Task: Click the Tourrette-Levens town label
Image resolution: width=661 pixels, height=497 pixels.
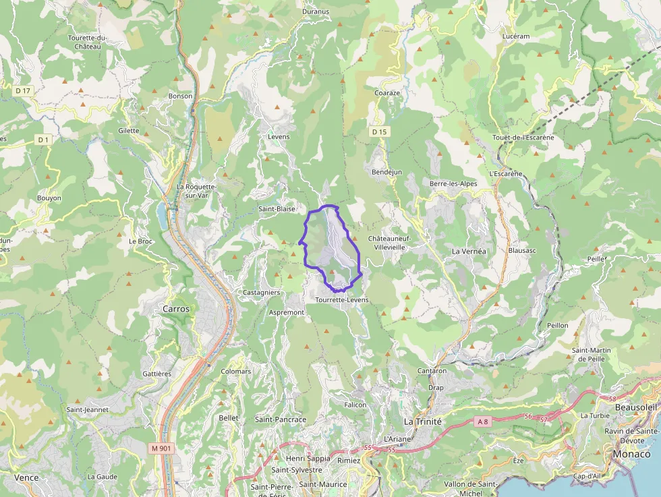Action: tap(342, 299)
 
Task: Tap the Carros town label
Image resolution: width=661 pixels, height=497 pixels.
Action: tap(177, 308)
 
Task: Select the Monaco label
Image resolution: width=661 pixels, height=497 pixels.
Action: tap(631, 454)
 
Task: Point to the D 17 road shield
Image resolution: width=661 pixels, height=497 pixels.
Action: tap(23, 90)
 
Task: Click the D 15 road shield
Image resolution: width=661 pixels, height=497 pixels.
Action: tap(379, 131)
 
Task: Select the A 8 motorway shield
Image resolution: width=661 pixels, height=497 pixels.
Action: tap(482, 421)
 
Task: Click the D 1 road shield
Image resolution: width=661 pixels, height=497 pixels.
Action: tap(42, 140)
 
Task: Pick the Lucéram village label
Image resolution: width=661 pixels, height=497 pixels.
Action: tap(516, 36)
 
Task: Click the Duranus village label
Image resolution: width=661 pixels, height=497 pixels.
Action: tap(316, 11)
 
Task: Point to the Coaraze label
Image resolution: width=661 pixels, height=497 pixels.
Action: tap(387, 93)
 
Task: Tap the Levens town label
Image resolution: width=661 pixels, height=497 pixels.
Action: tap(279, 137)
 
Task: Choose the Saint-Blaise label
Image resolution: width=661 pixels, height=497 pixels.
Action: tap(277, 209)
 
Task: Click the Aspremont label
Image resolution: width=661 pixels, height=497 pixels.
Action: tap(287, 313)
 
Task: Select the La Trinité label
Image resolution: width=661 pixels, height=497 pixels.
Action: tap(422, 421)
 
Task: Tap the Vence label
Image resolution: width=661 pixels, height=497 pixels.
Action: tap(26, 477)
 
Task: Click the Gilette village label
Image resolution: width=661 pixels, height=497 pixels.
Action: tap(128, 131)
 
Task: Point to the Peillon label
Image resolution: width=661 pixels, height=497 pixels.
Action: tap(558, 325)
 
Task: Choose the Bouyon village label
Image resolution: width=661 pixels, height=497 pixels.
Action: tap(49, 198)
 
